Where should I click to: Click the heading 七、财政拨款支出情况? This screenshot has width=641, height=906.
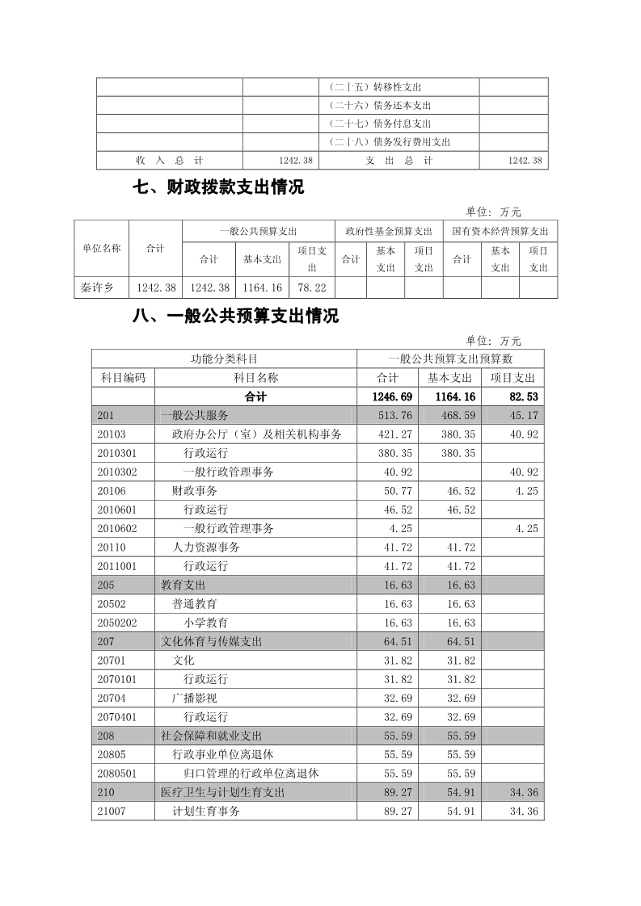click(218, 188)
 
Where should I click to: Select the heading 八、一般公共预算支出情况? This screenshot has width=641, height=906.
click(235, 317)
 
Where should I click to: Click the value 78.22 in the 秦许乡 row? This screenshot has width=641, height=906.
click(311, 287)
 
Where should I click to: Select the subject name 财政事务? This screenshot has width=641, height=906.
click(195, 490)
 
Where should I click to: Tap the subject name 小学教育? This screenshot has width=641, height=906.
click(205, 623)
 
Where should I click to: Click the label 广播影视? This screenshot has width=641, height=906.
click(195, 698)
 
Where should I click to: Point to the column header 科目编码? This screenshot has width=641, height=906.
click(123, 377)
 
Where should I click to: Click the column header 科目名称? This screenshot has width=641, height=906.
click(255, 377)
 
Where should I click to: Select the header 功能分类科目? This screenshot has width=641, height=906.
click(224, 359)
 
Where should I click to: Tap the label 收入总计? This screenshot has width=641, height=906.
click(169, 161)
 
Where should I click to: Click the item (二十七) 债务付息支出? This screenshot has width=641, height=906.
click(380, 124)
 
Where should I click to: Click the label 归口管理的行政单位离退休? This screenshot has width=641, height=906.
click(251, 773)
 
